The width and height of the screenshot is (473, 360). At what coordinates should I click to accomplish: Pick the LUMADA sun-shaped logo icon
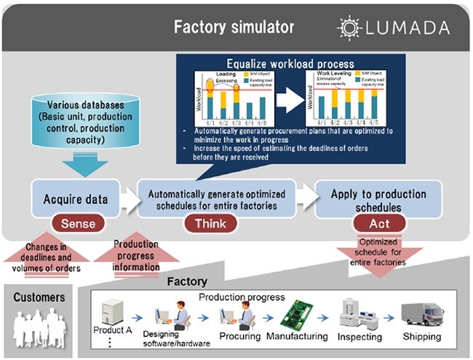coord(351,28)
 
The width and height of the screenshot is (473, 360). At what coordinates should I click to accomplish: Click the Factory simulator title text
coord(234,28)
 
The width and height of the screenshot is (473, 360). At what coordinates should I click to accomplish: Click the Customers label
coord(39,297)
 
